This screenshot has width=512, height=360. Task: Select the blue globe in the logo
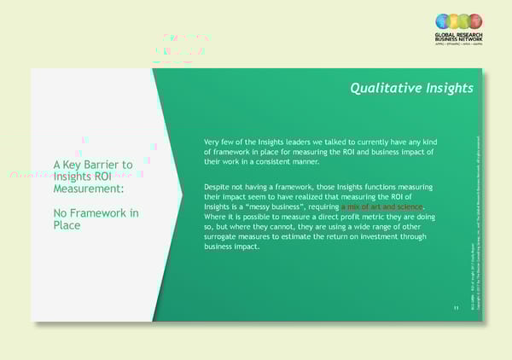point(442,20)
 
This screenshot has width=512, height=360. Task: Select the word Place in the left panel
point(67,225)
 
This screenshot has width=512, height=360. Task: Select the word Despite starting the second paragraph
point(219,187)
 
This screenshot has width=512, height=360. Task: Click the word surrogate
point(224,237)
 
